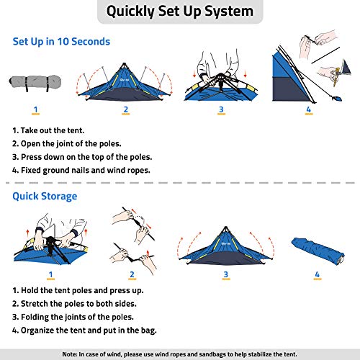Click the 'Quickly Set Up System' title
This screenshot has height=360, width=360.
[x=180, y=12]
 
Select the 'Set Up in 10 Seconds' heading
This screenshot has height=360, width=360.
[x=61, y=42]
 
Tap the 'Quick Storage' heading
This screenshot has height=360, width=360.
[x=45, y=197]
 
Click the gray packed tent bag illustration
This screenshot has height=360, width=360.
[x=35, y=83]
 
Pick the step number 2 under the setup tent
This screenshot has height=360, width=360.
[x=126, y=109]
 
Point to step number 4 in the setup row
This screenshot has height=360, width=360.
[x=309, y=109]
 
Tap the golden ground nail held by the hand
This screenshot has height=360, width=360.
[x=336, y=77]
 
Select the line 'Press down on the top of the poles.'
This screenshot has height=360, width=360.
[x=82, y=157]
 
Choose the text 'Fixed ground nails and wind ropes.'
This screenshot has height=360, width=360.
[x=81, y=170]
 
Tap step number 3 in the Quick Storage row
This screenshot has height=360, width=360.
[x=225, y=274]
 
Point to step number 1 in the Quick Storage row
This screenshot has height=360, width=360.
[x=50, y=274]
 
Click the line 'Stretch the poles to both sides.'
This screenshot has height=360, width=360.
[x=74, y=304]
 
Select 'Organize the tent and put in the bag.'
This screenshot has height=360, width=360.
[x=84, y=330]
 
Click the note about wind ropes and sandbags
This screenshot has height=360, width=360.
[x=180, y=354]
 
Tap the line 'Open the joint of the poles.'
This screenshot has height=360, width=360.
[x=67, y=144]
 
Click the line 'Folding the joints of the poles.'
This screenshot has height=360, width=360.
[x=73, y=317]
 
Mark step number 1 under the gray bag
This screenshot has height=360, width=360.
[x=35, y=109]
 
